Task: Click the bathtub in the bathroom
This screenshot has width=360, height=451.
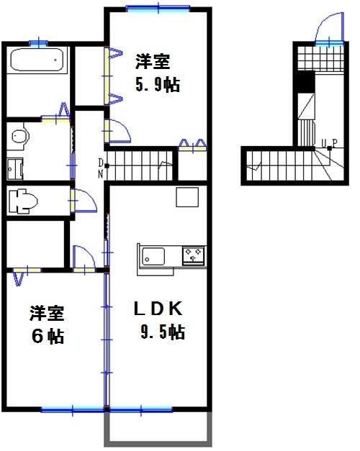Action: click(38, 60)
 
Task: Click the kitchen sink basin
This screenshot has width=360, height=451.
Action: click(153, 255)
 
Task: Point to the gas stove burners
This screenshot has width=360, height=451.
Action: click(193, 255)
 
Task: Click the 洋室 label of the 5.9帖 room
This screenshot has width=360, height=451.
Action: click(153, 63)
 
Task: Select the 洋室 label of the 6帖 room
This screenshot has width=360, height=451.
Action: click(47, 314)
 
